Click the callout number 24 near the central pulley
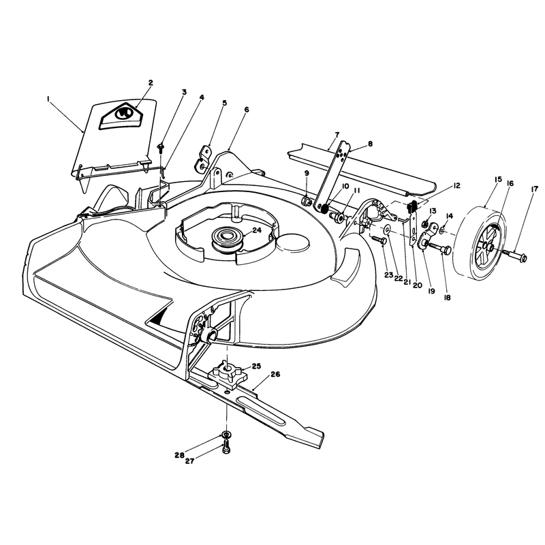tap(257, 230)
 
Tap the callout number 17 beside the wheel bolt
tap(534, 189)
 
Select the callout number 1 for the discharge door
tap(48, 99)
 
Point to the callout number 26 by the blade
tap(275, 374)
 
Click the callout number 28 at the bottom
tap(179, 455)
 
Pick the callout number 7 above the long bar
tap(337, 134)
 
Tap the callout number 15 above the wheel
tap(498, 179)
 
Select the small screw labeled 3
tap(161, 149)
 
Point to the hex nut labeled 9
tap(307, 201)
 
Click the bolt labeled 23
tap(379, 240)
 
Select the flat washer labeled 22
tap(387, 230)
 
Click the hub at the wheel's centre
tap(490, 247)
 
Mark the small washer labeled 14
tap(442, 230)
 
